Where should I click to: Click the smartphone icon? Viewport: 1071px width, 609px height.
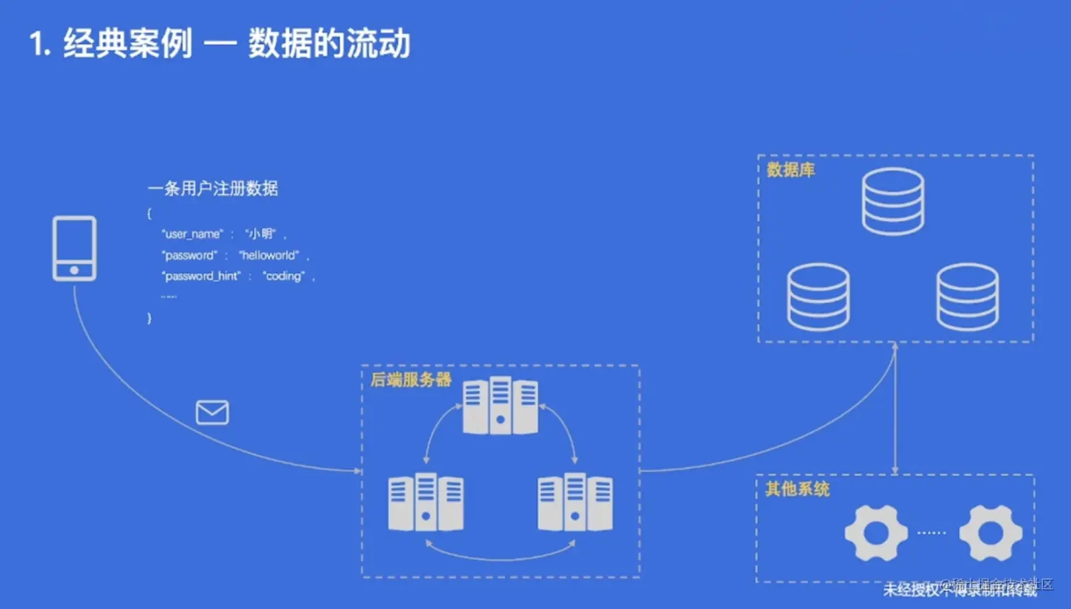pos(74,249)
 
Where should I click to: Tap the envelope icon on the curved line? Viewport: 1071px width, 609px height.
pos(212,412)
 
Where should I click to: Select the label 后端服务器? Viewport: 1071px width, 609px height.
pos(411,380)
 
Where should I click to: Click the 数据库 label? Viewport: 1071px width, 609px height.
pos(790,170)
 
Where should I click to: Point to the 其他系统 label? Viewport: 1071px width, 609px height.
pos(797,489)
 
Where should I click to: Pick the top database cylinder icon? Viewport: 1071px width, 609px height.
pos(892,202)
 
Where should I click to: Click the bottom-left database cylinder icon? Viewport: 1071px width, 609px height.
pos(818,297)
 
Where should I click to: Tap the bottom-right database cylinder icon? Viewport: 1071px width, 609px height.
pos(968,297)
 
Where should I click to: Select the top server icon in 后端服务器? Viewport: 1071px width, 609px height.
pos(500,406)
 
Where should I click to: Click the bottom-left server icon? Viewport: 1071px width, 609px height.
pos(426,502)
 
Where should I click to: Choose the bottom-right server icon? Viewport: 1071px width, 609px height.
pos(575,502)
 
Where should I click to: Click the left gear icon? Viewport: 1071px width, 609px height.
pos(876,533)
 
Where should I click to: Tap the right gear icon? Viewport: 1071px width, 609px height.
pos(990,533)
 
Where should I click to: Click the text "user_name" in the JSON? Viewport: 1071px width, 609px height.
pos(193,234)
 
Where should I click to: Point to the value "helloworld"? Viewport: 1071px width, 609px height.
pos(269,255)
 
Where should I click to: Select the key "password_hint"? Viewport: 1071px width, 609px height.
pos(202,276)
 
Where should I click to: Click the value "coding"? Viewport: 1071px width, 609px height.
pos(284,276)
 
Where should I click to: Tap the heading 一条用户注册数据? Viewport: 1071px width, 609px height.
pos(212,188)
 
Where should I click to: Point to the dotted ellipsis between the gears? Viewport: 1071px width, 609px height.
pos(931,533)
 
